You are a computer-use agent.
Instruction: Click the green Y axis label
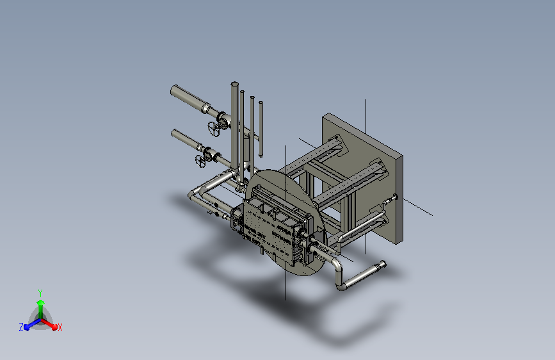click(x=40, y=293)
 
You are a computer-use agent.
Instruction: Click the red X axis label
click(x=60, y=328)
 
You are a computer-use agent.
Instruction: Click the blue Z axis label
click(x=21, y=327)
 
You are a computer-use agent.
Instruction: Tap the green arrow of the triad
click(x=40, y=309)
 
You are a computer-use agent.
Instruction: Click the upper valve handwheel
click(x=214, y=128)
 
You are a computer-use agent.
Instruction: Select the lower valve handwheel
click(x=200, y=161)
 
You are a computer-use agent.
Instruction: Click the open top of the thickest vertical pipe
click(x=235, y=84)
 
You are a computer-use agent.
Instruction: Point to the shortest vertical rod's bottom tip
click(x=261, y=156)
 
